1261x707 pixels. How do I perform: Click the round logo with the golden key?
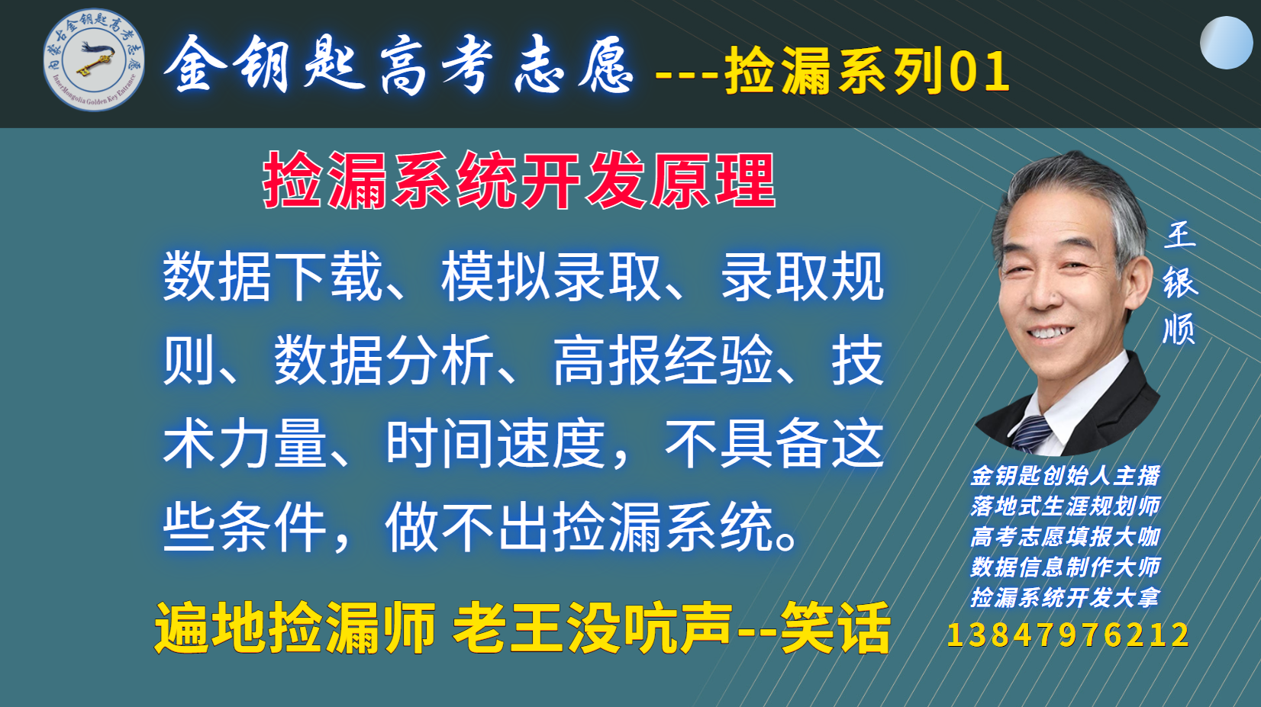coord(94,59)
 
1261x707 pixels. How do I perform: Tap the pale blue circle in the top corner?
coord(1226,42)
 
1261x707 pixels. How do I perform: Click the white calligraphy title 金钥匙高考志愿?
coord(398,63)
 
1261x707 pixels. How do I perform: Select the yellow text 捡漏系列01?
coord(867,71)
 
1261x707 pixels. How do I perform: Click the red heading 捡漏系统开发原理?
coord(520,180)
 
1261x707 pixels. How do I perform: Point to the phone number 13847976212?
coord(1068,635)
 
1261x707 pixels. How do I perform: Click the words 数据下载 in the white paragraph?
coord(273,277)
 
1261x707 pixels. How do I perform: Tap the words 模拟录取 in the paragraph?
coord(551,277)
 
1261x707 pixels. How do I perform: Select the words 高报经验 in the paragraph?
coord(663,360)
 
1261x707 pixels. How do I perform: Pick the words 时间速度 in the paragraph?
coord(496,444)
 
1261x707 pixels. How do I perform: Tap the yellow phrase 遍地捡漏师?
coord(295,627)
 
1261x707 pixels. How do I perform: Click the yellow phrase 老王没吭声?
coord(593,627)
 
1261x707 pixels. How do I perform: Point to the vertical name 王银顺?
coord(1180,282)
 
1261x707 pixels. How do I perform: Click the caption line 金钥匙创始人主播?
coord(1065,476)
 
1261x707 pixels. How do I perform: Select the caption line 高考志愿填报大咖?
coord(1065,537)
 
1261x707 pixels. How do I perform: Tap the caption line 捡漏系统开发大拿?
coord(1065,597)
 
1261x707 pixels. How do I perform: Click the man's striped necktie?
coord(1031,434)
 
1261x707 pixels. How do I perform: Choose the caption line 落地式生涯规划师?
coord(1065,506)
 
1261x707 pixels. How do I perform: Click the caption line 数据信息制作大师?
coord(1065,567)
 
